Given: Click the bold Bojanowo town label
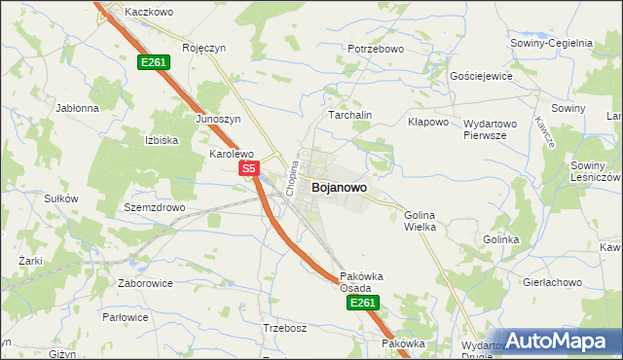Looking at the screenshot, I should pos(340,188).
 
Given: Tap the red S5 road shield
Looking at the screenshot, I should pos(248,169).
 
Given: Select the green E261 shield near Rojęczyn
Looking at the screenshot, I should pos(154,62).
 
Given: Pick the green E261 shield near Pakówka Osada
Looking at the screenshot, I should pos(361,304).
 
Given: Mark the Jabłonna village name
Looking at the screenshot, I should pos(78,108).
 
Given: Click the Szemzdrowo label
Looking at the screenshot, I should pos(155,208).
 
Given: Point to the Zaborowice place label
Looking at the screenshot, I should pos(144,283).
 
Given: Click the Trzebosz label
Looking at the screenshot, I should pos(285,328).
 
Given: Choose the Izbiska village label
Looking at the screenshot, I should pos(162,140).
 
